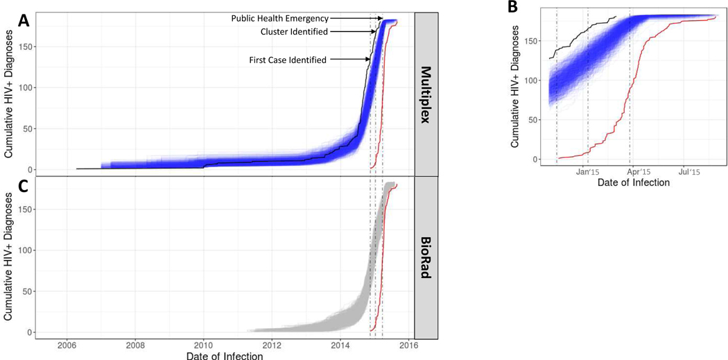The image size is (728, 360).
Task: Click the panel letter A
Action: point(24,21)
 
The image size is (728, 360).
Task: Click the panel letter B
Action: point(512,8)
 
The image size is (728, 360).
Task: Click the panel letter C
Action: point(24,185)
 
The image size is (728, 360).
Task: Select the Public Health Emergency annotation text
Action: point(280,18)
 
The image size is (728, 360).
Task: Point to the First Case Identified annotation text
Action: point(288,60)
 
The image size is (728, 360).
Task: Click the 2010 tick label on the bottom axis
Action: point(203,345)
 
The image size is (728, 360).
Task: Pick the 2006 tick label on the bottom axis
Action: point(67,345)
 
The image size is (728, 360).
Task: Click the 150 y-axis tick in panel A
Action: point(28,46)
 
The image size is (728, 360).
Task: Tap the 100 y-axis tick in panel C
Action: point(28,250)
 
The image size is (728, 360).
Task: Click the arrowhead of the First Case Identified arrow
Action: point(367,60)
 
